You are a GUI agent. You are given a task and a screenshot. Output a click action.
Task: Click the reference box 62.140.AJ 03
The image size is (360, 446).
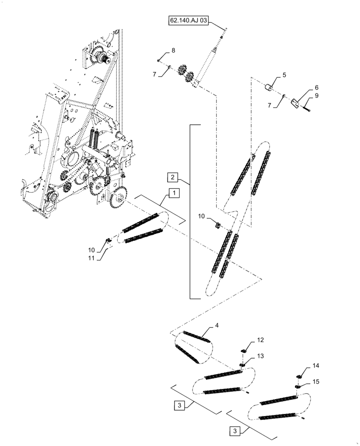[x=188, y=21]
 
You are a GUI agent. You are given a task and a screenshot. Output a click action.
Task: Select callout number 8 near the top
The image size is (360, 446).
[x=173, y=50]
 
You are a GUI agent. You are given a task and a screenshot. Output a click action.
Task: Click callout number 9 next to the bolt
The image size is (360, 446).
[x=304, y=95]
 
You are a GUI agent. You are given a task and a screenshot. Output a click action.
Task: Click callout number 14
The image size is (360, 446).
[x=315, y=365]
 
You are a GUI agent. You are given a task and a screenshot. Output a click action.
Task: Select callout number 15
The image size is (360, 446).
[x=315, y=382]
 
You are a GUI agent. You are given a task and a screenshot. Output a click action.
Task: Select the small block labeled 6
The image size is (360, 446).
[x=295, y=103]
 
